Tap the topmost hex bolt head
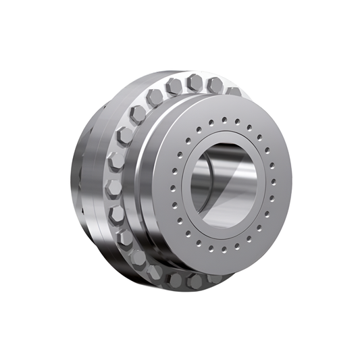195,81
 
